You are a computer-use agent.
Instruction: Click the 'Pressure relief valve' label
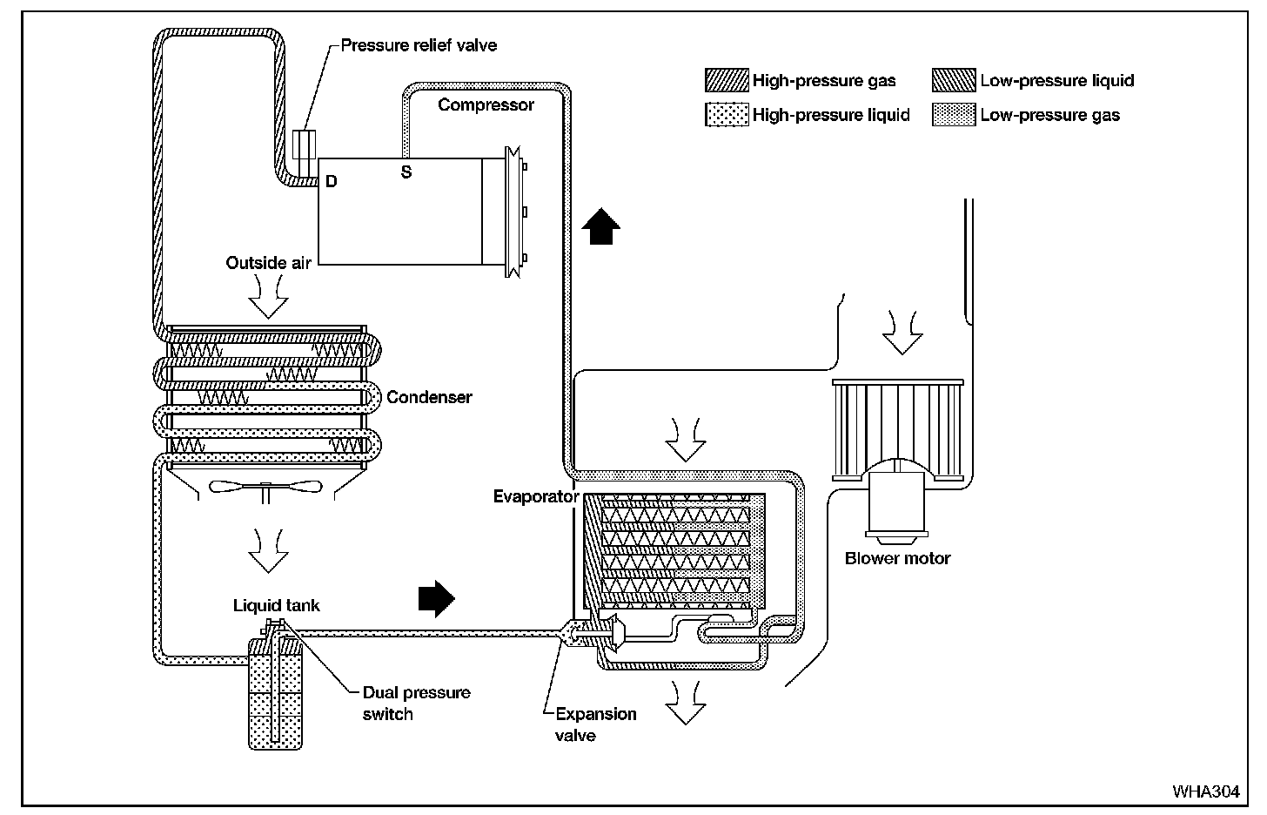tap(419, 45)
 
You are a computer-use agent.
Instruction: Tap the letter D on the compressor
tap(331, 181)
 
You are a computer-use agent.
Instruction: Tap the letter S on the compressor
tap(406, 172)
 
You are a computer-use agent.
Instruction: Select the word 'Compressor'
tap(486, 104)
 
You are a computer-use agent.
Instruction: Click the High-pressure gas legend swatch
tap(727, 81)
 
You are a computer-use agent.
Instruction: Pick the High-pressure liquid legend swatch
tap(727, 115)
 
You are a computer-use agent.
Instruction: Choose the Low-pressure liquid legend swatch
tap(954, 81)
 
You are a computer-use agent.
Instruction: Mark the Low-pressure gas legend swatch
tap(954, 115)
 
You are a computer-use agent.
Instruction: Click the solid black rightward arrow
tap(437, 598)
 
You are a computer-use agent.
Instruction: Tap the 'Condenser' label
tap(429, 397)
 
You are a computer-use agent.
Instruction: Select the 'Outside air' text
tap(268, 262)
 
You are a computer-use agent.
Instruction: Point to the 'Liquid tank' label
tap(276, 605)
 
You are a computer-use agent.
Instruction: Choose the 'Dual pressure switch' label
tap(417, 704)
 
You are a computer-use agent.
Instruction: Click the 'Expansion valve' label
tap(596, 724)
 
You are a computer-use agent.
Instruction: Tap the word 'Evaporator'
tap(535, 497)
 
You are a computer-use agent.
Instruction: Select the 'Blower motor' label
tap(897, 558)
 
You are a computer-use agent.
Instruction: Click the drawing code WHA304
tap(1205, 791)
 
